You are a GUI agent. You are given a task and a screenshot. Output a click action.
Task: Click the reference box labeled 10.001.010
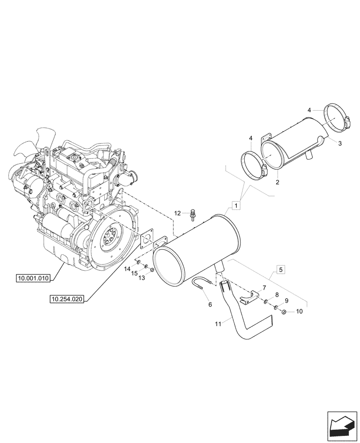34,278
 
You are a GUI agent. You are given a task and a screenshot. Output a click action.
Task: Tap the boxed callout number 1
237,205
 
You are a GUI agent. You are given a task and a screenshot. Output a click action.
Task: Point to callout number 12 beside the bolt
177,213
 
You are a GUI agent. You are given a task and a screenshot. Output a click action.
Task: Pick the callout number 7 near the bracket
265,288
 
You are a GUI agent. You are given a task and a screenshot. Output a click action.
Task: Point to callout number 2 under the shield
278,182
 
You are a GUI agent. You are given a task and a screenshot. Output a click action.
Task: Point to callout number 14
127,268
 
